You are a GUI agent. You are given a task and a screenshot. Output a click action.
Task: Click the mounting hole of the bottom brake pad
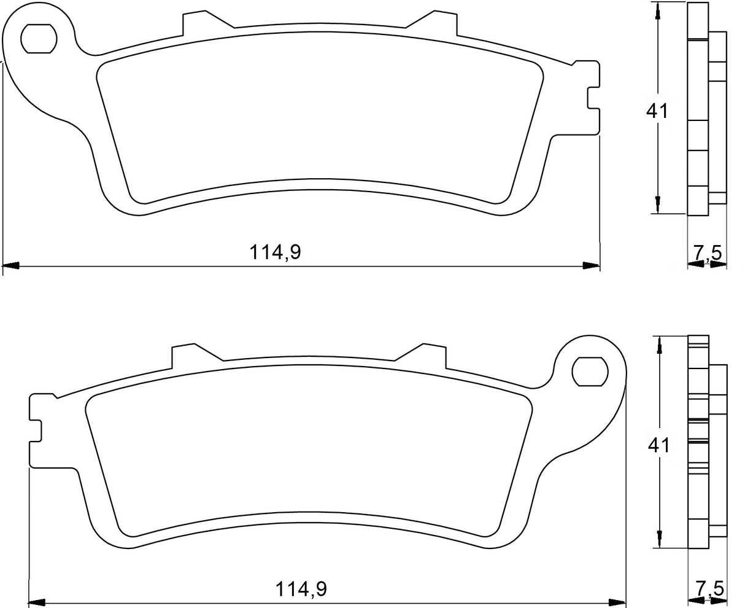coord(589,372)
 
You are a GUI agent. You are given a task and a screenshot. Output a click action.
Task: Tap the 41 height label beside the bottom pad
coord(658,445)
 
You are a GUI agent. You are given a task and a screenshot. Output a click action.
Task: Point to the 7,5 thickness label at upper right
coord(707,252)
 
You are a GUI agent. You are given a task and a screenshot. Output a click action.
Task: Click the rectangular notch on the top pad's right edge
coord(592,98)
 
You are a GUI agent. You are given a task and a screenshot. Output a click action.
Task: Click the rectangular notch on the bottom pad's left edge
coord(36,430)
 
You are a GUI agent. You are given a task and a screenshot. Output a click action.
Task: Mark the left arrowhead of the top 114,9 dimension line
coord(11,266)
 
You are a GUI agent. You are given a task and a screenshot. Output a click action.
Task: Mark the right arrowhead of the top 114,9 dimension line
coord(591,266)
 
